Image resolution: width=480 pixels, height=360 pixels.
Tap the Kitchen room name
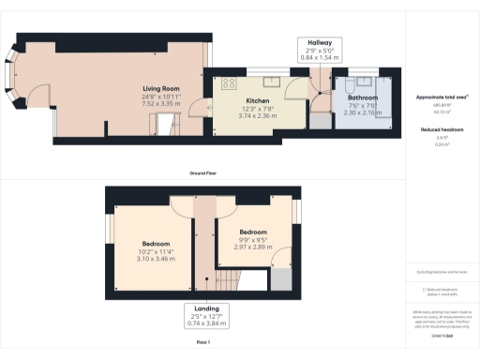click(x=258, y=99)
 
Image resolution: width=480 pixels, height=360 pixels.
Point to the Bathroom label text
click(x=361, y=97)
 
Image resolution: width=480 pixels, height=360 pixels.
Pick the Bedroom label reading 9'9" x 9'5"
click(x=252, y=232)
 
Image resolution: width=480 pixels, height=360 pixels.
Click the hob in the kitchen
click(x=230, y=83)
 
